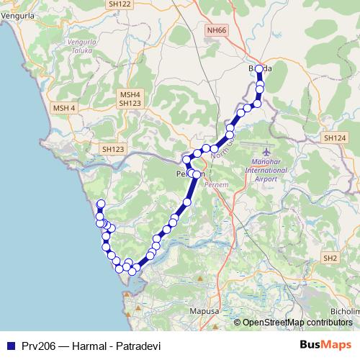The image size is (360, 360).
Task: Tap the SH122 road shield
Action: (x=120, y=4)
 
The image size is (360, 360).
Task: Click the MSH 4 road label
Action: (x=63, y=107)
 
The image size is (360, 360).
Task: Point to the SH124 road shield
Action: (x=335, y=138)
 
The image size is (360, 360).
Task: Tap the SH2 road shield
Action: (x=330, y=258)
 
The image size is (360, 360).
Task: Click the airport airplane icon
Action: (x=268, y=153)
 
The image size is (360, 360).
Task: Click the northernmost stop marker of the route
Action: (x=260, y=69)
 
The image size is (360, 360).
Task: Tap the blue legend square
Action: (x=9, y=345)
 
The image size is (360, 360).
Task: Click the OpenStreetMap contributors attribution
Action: (x=297, y=323)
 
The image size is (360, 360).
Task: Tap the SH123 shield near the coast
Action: (x=114, y=148)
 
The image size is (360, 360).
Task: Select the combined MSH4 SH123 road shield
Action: (x=131, y=99)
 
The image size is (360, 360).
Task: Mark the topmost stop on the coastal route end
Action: (x=101, y=203)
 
